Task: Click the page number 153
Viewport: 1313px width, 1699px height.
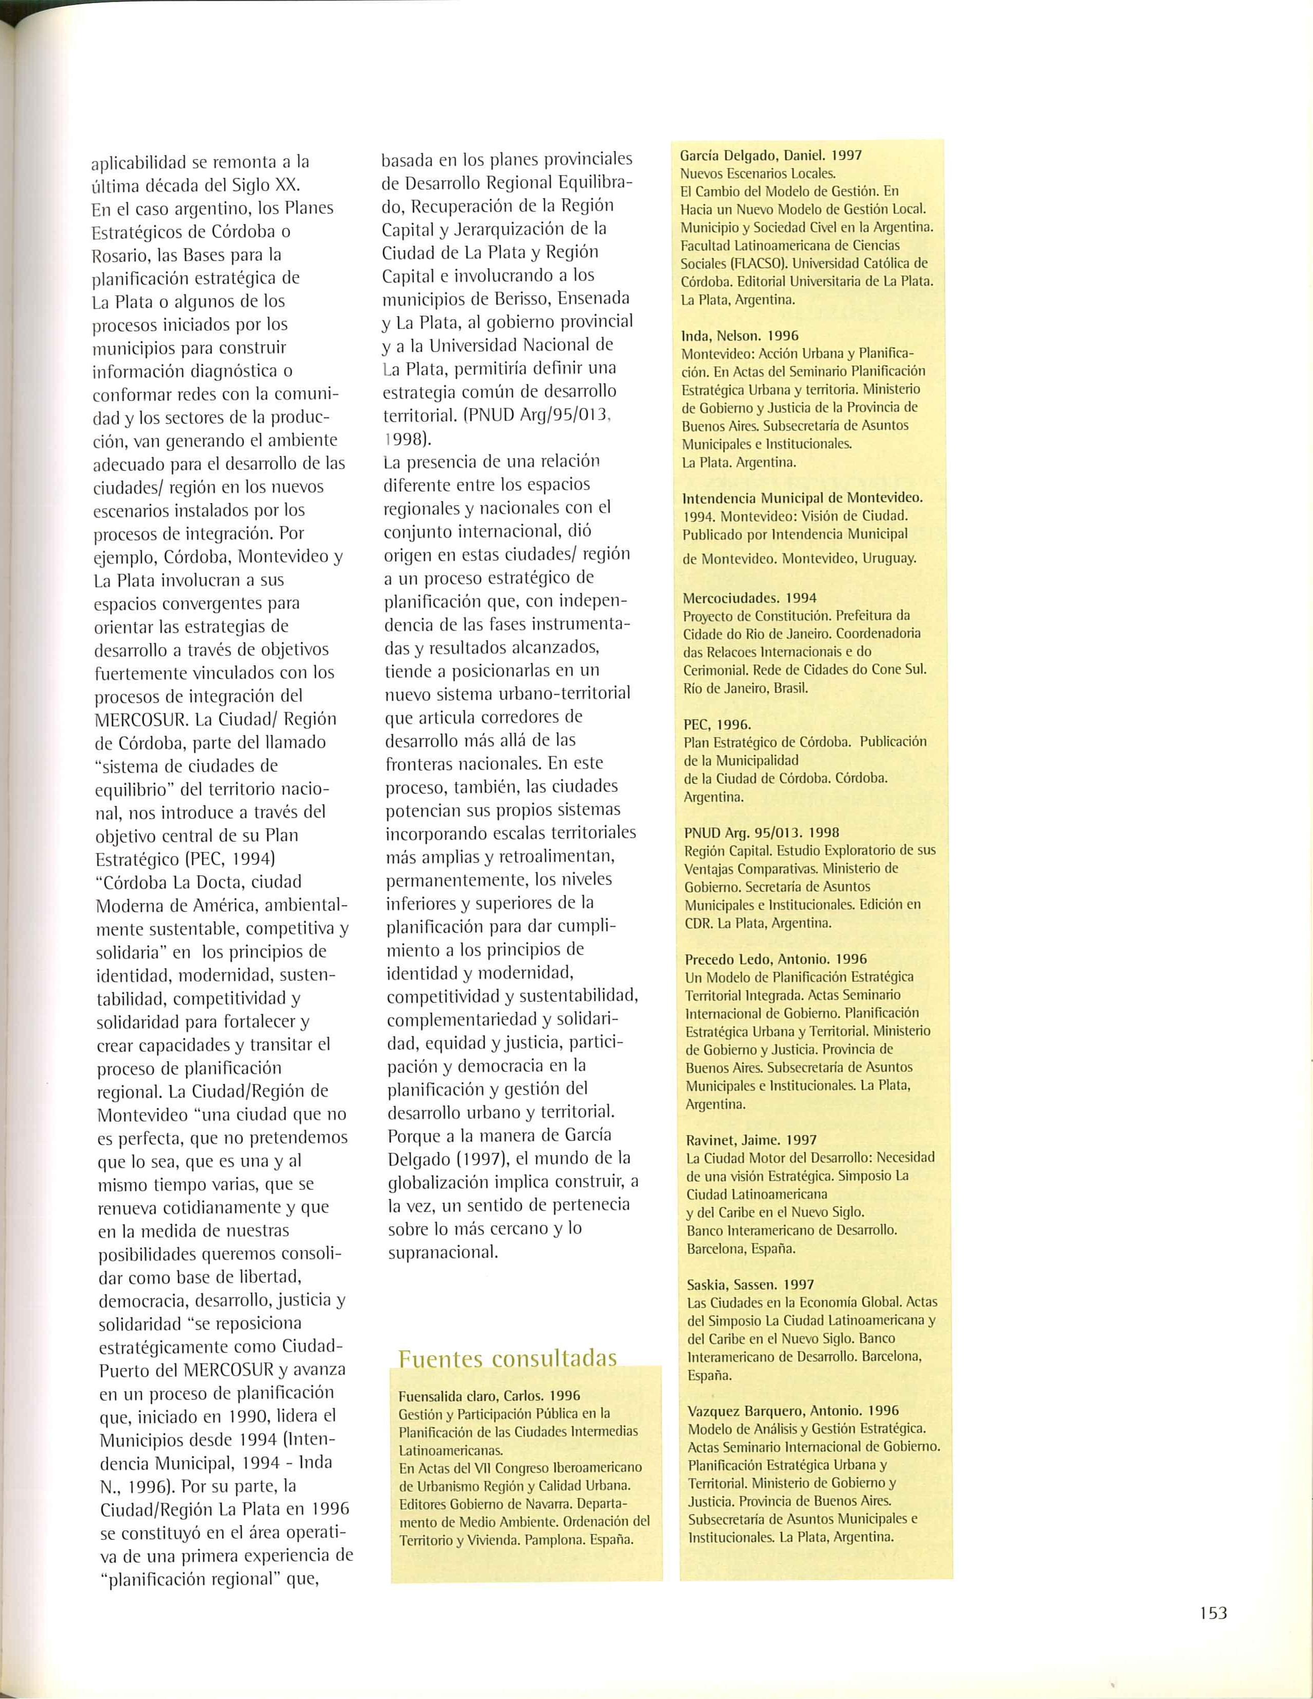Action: pyautogui.click(x=1213, y=1613)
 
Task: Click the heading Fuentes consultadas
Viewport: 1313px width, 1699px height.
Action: pyautogui.click(x=507, y=1358)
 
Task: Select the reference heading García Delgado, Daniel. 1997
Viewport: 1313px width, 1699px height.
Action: pyautogui.click(x=770, y=155)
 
